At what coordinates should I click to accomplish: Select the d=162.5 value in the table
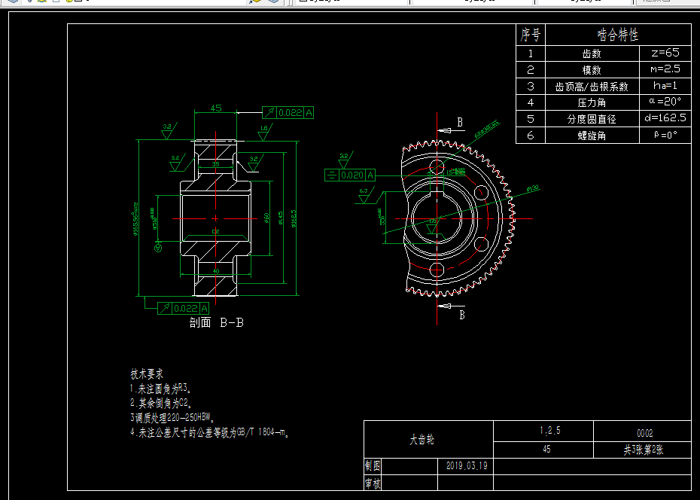click(665, 118)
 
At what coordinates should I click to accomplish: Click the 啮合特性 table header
click(617, 35)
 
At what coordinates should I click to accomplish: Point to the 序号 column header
click(530, 35)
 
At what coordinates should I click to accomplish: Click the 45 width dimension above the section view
click(216, 108)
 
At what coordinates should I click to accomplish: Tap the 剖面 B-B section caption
click(217, 323)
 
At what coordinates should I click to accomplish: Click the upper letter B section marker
click(460, 122)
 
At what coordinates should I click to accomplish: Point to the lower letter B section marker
click(462, 315)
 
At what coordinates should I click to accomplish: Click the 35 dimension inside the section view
click(216, 164)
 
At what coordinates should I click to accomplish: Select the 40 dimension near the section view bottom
click(216, 271)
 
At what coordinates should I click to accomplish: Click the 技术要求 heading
click(147, 373)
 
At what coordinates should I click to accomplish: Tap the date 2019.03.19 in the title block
click(467, 465)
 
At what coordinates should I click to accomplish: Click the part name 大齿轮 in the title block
click(422, 440)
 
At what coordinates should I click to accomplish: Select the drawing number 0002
click(644, 433)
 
